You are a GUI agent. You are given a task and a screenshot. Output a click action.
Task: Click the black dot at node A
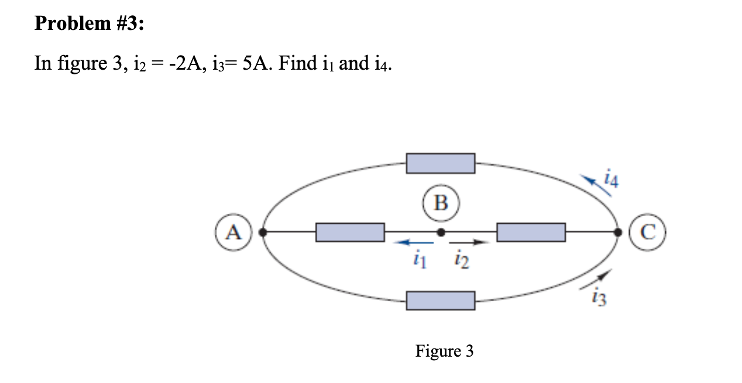coord(263,232)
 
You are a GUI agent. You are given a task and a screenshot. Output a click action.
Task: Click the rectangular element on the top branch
coord(441,163)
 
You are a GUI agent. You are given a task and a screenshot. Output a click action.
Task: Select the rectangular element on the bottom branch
coord(441,301)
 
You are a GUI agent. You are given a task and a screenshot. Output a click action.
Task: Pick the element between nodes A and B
coord(350,232)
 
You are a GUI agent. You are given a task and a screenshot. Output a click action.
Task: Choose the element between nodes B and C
coord(531,232)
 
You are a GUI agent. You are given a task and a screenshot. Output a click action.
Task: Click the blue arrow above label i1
coord(414,241)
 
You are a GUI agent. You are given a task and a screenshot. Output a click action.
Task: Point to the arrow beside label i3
coord(597,279)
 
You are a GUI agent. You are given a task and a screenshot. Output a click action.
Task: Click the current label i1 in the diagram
coord(417,258)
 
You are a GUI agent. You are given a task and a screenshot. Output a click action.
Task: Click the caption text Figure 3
coord(444,351)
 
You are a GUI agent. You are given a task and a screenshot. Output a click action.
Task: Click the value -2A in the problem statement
coord(170,63)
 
